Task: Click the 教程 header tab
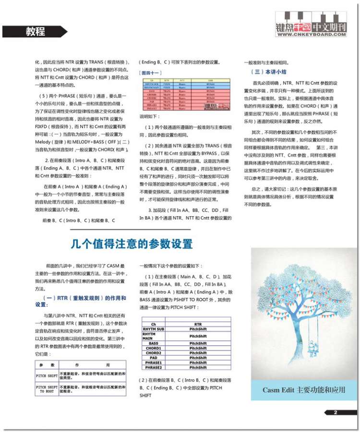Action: pos(36,32)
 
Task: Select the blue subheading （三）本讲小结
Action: pos(269,71)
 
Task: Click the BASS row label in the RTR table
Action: pos(154,343)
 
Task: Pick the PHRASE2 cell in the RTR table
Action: pos(154,367)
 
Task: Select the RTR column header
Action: pos(198,324)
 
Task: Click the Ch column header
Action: pos(154,324)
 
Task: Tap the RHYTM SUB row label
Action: pos(154,329)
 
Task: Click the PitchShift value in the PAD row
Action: pos(198,358)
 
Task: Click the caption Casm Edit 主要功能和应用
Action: pos(304,390)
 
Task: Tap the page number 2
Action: pos(336,412)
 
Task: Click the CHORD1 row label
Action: pos(154,348)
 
